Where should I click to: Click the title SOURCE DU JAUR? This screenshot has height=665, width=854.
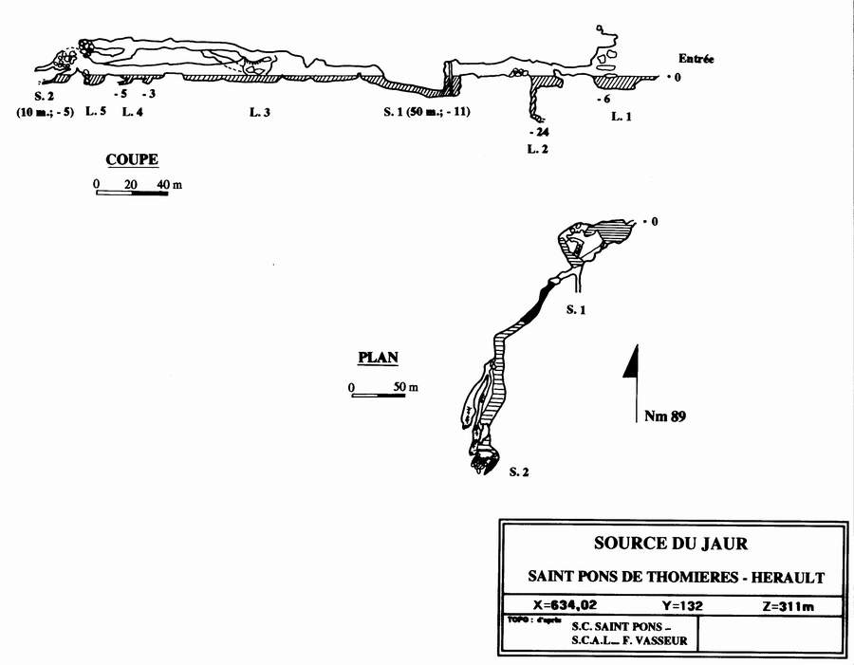pyautogui.click(x=670, y=544)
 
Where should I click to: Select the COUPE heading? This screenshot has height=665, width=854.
pyautogui.click(x=132, y=159)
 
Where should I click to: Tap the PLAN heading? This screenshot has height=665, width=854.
pyautogui.click(x=377, y=358)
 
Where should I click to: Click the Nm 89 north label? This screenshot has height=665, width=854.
pyautogui.click(x=664, y=416)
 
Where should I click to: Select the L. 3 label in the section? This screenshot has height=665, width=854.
pyautogui.click(x=260, y=113)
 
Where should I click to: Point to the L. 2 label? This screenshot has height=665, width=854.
pyautogui.click(x=538, y=149)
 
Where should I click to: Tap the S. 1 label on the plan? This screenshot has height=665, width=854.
pyautogui.click(x=576, y=310)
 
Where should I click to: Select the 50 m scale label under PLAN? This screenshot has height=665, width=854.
pyautogui.click(x=405, y=387)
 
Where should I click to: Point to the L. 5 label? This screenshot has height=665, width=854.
pyautogui.click(x=96, y=113)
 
